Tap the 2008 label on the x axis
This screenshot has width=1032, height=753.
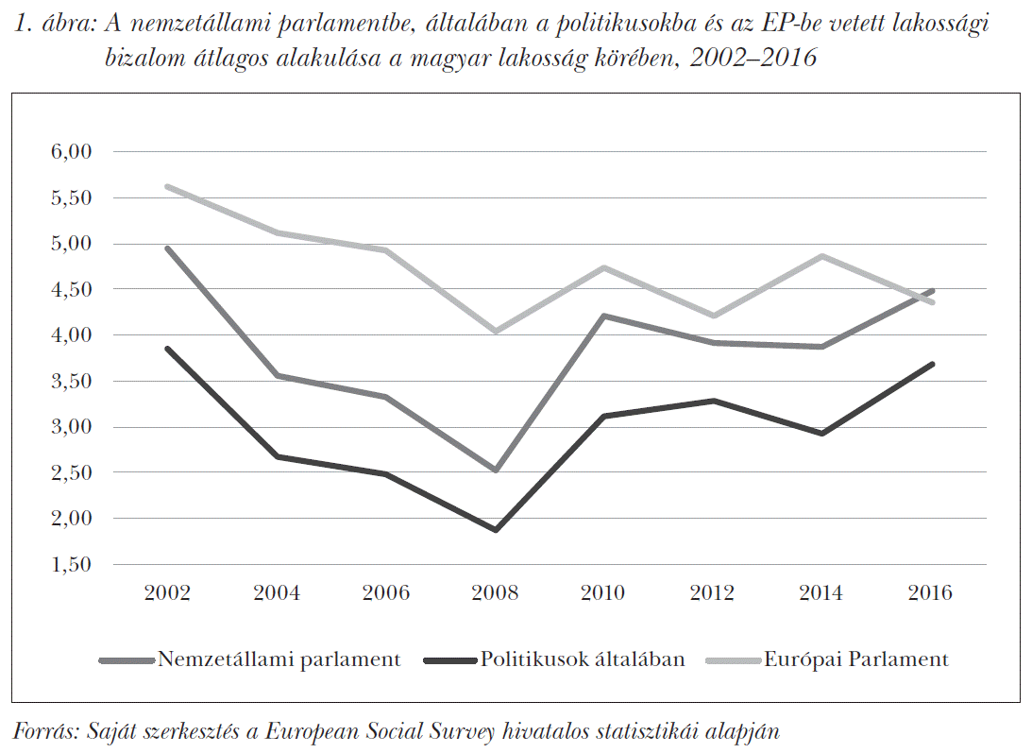point(495,593)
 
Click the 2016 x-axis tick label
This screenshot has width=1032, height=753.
point(930,593)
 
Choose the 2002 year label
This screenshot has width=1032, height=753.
point(168,593)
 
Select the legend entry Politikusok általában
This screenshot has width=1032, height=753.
point(582,659)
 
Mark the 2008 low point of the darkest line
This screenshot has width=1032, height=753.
point(495,530)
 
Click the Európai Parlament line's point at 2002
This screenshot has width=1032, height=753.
point(168,186)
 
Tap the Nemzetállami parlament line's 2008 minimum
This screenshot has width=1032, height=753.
point(495,470)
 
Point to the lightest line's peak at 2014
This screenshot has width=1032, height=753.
point(821,256)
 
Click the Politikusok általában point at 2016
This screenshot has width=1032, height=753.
point(930,365)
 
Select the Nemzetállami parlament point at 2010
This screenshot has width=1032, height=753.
point(603,316)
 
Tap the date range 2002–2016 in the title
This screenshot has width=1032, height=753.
point(753,58)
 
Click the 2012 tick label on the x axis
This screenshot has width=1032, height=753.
point(712,593)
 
